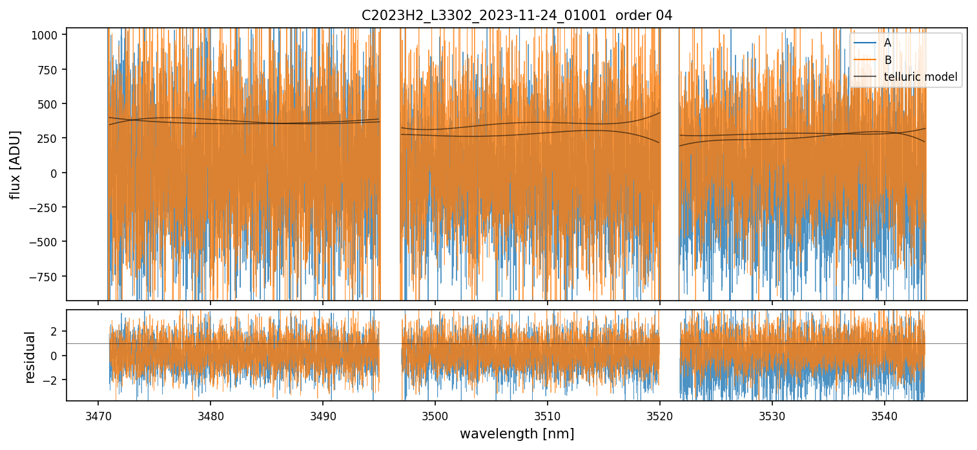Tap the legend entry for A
coord(888,43)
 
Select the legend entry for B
coord(888,60)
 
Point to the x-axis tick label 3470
coord(98,415)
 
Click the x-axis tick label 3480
coord(211,415)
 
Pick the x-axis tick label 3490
coord(323,415)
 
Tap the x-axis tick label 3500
coord(435,415)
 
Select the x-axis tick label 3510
coord(548,415)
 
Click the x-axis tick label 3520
coord(660,415)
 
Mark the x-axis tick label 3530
coord(772,415)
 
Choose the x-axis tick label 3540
coord(885,415)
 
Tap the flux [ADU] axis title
coord(15,164)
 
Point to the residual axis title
coord(30,356)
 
